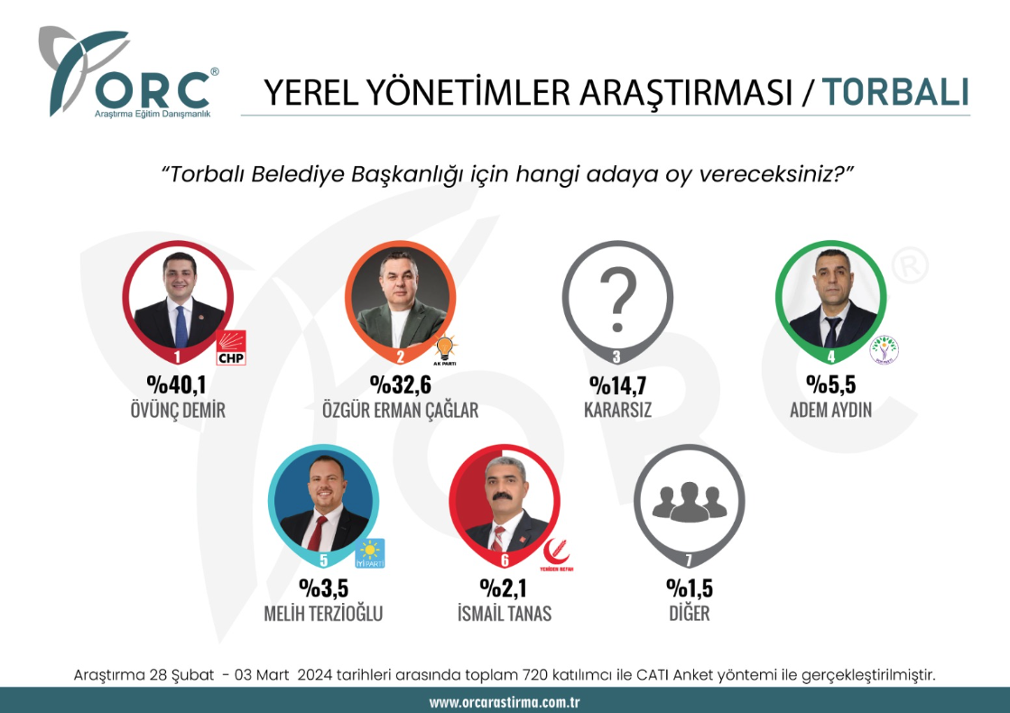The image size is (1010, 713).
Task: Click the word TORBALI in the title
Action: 895,92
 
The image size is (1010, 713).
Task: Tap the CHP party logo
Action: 230,347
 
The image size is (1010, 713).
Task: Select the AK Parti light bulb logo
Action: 445,350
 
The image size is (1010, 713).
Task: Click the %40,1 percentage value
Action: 177,384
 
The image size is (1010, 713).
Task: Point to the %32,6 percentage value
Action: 400,384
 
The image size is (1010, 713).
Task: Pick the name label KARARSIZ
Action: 617,410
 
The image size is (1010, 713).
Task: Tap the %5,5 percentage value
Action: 831,384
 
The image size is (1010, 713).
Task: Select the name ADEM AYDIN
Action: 831,410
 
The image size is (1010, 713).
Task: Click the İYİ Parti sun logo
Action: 370,553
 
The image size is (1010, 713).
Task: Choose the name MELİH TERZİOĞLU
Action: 323,613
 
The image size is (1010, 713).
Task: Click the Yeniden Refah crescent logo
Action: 556,554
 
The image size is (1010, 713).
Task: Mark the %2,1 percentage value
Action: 504,588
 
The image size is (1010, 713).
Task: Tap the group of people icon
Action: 690,502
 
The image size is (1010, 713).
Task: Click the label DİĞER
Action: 690,613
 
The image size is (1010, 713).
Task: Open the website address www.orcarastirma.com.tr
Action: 505,702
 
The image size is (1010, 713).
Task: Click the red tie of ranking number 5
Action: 319,532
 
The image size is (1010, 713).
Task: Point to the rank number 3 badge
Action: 616,356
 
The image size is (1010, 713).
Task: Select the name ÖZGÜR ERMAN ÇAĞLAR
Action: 400,410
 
